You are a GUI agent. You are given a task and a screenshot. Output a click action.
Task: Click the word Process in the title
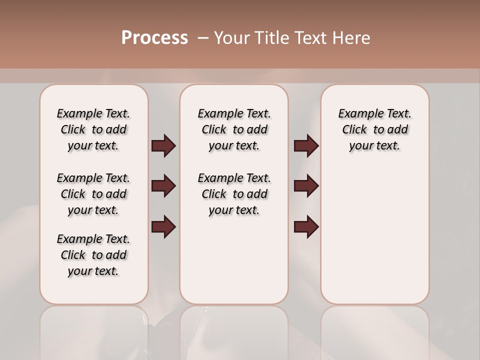point(154,38)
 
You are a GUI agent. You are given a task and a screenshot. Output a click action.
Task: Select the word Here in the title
point(352,38)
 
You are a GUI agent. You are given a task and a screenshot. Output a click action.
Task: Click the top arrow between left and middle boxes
point(163,146)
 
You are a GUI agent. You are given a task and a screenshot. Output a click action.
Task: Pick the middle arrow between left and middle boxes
point(163,186)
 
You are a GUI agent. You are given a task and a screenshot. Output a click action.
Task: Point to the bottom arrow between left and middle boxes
point(163,226)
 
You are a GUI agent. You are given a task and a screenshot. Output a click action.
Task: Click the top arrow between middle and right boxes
point(306,146)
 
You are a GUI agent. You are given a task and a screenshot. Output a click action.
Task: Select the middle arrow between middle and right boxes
point(306,186)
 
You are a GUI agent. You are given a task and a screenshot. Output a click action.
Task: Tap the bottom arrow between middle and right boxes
point(306,226)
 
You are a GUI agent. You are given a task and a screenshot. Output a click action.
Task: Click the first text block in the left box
point(93,129)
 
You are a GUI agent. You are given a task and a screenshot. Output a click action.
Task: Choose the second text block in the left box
point(93,194)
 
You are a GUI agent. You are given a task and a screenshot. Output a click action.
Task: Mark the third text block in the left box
point(93,255)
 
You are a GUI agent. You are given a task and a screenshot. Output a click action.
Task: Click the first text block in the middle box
point(234,129)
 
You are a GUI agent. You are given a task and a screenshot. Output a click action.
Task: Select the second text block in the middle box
point(234,194)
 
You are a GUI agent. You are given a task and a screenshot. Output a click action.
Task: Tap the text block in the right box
point(374,129)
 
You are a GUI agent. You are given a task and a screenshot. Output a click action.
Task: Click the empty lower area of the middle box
point(234,260)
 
